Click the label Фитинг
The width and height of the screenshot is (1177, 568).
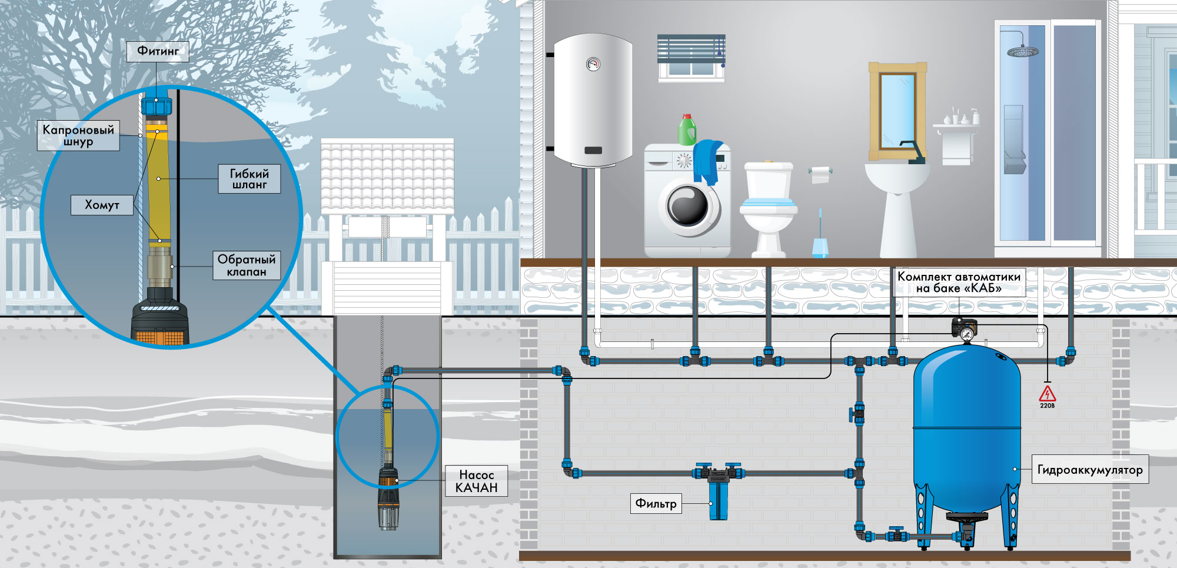[158, 51]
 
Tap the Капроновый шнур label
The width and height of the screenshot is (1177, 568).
[78, 135]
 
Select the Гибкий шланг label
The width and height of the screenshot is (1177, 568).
[250, 179]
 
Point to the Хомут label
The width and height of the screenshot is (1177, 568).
[102, 205]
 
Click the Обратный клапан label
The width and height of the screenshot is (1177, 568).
[247, 265]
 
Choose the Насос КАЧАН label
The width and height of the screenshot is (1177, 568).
[477, 481]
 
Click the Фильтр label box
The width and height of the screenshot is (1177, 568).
[656, 503]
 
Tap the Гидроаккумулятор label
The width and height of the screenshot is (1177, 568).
[1090, 470]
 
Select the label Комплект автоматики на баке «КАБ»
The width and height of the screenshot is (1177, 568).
[959, 282]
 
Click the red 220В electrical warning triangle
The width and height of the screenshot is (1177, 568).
[1048, 393]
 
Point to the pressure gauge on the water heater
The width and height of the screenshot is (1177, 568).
[593, 64]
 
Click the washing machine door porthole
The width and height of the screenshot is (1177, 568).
[687, 207]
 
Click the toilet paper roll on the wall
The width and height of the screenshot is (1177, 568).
[820, 174]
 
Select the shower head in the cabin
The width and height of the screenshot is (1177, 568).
[1023, 52]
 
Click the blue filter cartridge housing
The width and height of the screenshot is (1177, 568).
[718, 499]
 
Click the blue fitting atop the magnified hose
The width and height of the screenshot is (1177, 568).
[157, 105]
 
